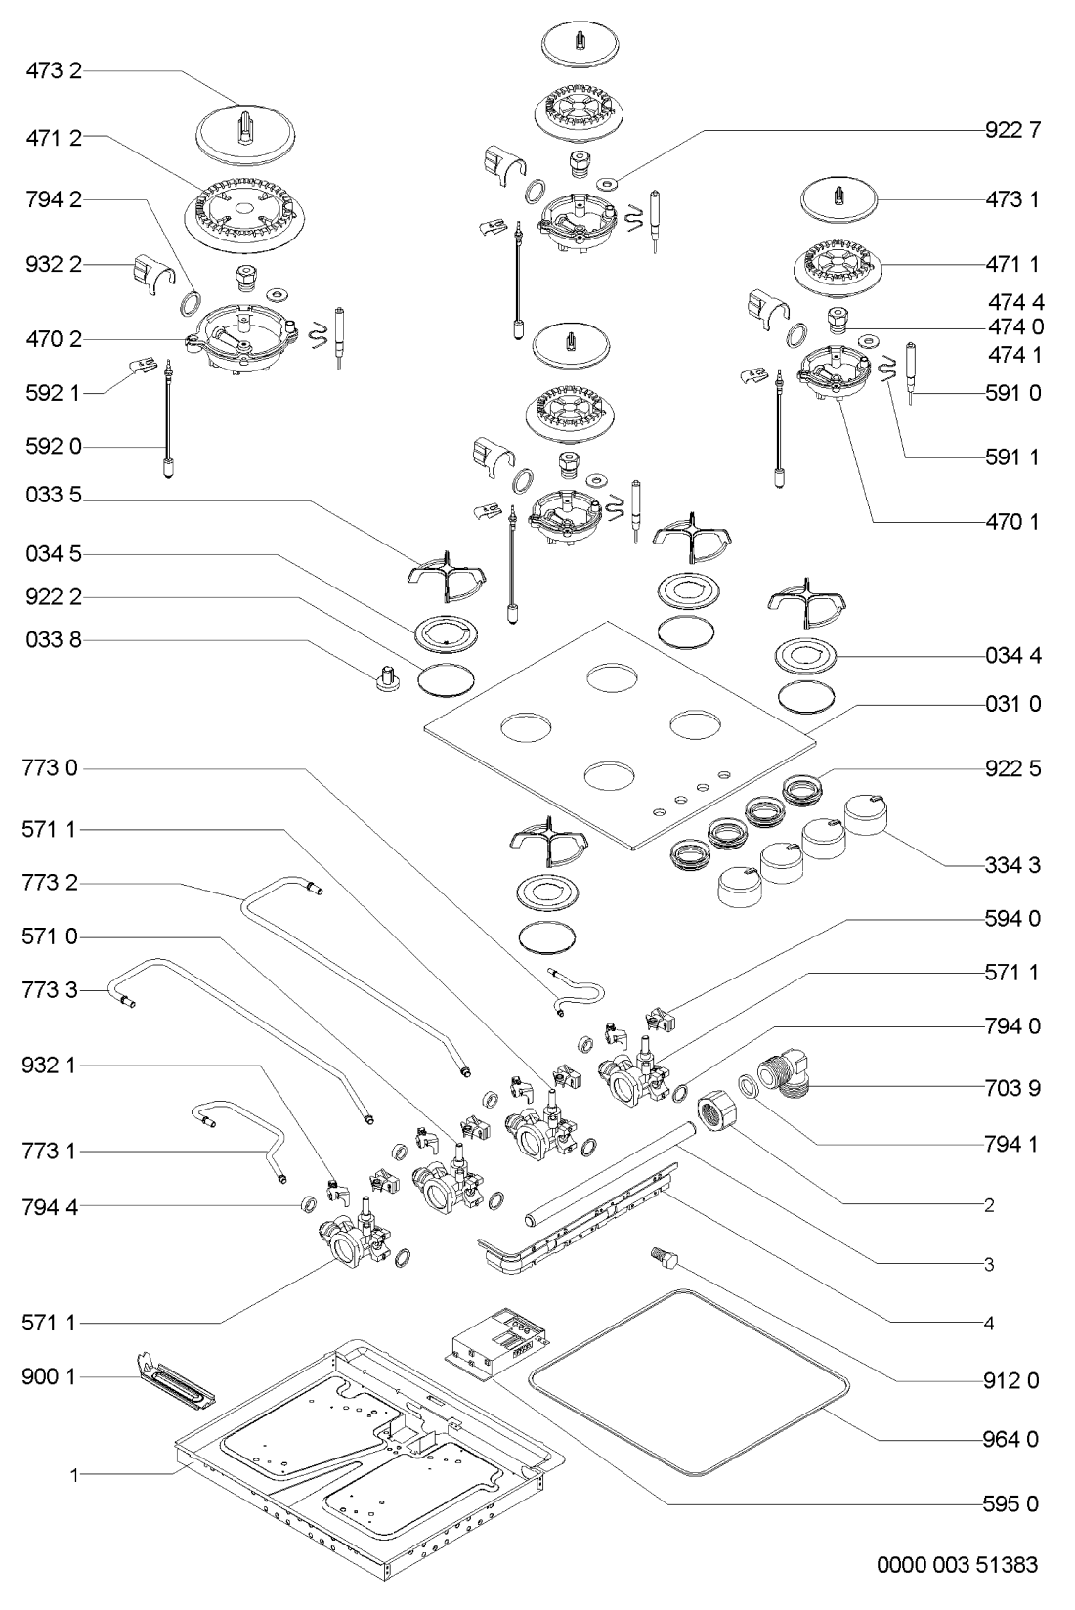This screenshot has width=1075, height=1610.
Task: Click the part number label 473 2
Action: [54, 71]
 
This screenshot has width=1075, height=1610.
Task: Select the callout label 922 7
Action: [1013, 130]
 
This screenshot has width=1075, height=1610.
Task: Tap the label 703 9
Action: [1013, 1088]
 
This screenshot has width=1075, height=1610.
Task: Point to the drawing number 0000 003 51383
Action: [958, 1565]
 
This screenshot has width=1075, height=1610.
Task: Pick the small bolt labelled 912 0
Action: [662, 1256]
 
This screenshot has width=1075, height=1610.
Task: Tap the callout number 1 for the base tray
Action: [73, 1475]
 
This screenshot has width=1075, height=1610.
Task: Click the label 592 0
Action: [54, 447]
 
